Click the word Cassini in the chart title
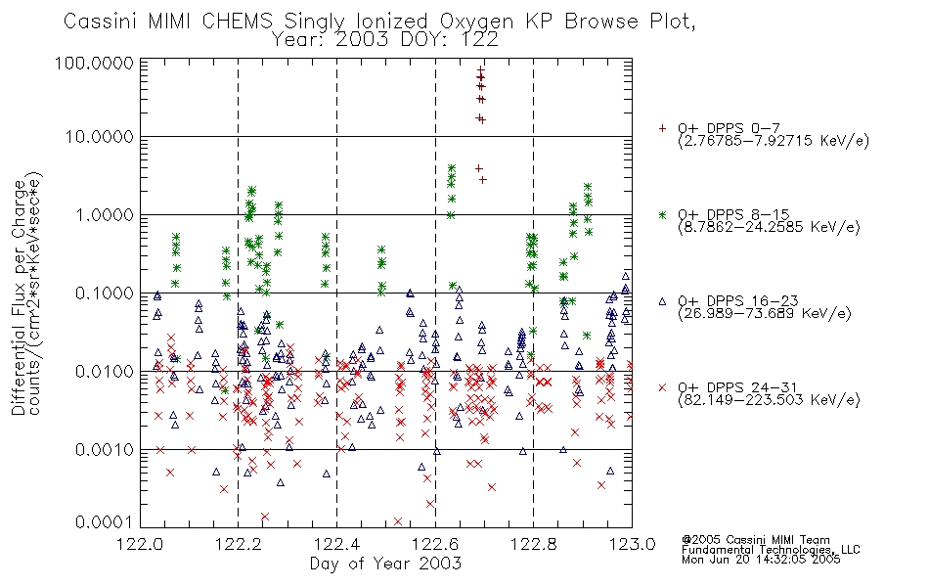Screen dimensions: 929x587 click(x=100, y=22)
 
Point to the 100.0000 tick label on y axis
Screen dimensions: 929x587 click(x=95, y=64)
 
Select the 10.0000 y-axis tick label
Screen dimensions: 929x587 click(x=100, y=137)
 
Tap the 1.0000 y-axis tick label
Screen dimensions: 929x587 click(x=105, y=215)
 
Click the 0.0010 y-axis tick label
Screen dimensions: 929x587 click(x=105, y=450)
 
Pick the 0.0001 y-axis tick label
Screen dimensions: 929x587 click(x=105, y=522)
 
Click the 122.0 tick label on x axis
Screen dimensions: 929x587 click(x=140, y=544)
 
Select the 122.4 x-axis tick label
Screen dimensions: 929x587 click(x=337, y=544)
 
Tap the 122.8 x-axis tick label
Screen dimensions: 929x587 click(x=533, y=544)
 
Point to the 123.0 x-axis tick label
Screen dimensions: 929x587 click(x=632, y=544)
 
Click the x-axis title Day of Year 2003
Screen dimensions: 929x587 click(x=385, y=564)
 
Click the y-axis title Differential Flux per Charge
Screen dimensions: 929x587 click(x=19, y=297)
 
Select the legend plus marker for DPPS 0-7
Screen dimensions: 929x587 click(x=662, y=128)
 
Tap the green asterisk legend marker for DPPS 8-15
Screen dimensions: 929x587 click(x=662, y=214)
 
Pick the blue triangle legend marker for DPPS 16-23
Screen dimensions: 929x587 click(x=662, y=301)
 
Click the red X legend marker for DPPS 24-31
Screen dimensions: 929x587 click(x=662, y=387)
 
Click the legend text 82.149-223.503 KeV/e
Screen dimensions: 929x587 click(x=769, y=400)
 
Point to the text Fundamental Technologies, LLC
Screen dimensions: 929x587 click(x=771, y=550)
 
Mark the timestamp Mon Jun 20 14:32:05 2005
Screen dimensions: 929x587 click(x=761, y=560)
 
